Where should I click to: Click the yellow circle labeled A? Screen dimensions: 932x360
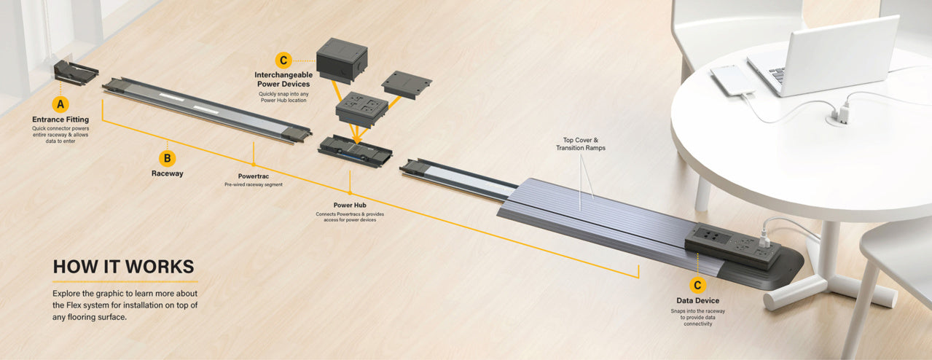pos(60,104)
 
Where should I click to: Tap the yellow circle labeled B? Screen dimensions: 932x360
pos(168,158)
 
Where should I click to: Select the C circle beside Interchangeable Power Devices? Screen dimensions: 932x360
pos(283,60)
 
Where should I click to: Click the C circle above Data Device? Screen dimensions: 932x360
pos(698,285)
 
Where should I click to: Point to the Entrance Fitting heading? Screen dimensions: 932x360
pos(60,120)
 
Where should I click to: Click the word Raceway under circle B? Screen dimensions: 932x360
pos(168,173)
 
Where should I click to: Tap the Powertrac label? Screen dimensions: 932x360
pos(254,176)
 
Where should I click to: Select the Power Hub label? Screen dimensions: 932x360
pos(350,205)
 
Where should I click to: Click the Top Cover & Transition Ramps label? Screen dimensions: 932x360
pos(581,144)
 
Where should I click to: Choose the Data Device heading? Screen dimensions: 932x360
pos(698,300)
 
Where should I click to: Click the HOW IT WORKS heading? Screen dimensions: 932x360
pos(124,267)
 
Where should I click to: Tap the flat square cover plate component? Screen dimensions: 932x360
pos(407,85)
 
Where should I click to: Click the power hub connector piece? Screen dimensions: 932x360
pos(355,151)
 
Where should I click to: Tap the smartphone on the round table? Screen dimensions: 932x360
pos(732,80)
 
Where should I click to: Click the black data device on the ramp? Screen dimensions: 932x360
pos(733,246)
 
